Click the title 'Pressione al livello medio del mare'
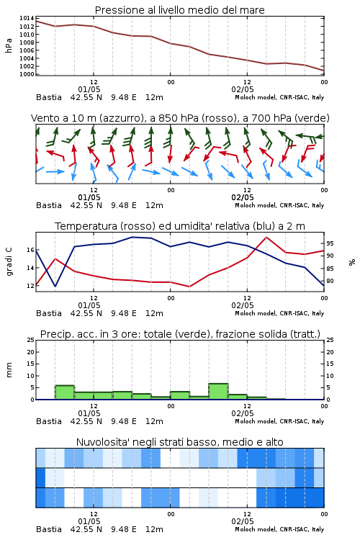[x=179, y=10]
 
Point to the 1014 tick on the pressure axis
[x=27, y=18]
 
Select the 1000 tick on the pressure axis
[x=27, y=74]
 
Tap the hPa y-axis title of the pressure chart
[x=9, y=45]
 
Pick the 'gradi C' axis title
[x=9, y=261]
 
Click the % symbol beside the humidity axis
[x=352, y=262]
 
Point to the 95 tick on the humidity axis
[x=330, y=243]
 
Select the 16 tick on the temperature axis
[x=30, y=250]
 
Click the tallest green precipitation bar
[x=218, y=391]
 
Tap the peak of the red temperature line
[x=266, y=237]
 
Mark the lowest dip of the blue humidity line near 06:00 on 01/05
[x=55, y=286]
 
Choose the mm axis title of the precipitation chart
[x=9, y=370]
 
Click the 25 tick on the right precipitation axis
[x=330, y=340]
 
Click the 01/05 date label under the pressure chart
[x=89, y=89]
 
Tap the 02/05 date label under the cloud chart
[x=243, y=521]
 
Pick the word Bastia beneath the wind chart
[x=49, y=205]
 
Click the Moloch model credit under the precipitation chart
[x=279, y=421]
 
